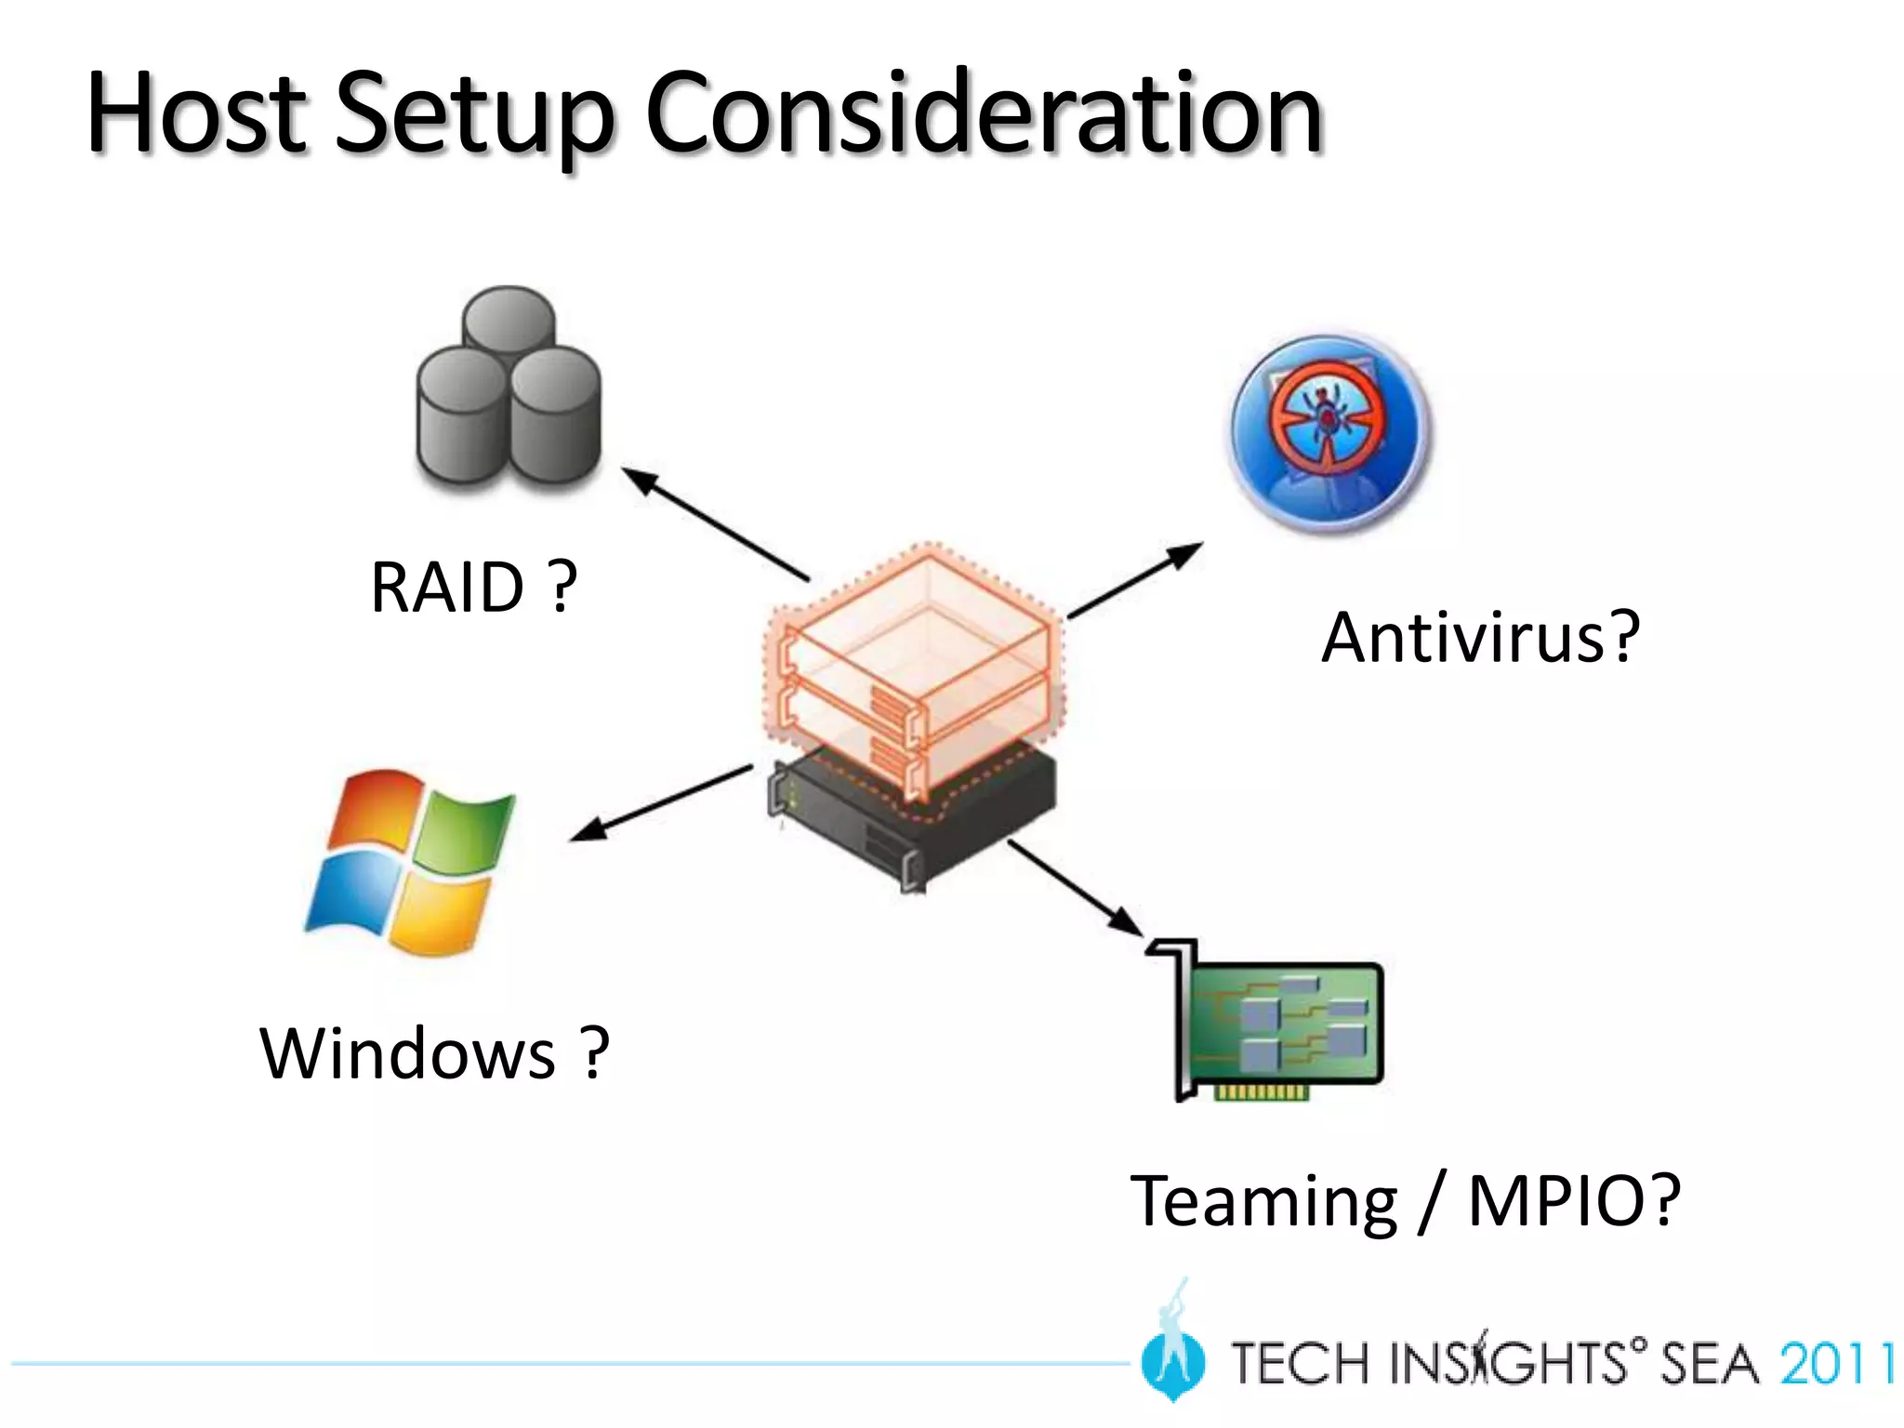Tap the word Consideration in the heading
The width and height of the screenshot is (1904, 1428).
[x=983, y=113]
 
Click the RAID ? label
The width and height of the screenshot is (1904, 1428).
[x=473, y=588]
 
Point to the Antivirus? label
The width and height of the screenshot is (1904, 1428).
[x=1480, y=638]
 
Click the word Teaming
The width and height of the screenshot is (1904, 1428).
[x=1263, y=1201]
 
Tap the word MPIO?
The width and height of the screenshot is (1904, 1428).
[x=1574, y=1201]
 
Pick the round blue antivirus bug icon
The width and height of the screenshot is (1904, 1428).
[x=1329, y=433]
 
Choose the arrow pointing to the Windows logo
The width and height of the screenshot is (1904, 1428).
[x=660, y=803]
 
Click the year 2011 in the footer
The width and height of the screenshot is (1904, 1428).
[x=1835, y=1365]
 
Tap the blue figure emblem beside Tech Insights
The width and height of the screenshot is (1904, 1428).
[x=1173, y=1348]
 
